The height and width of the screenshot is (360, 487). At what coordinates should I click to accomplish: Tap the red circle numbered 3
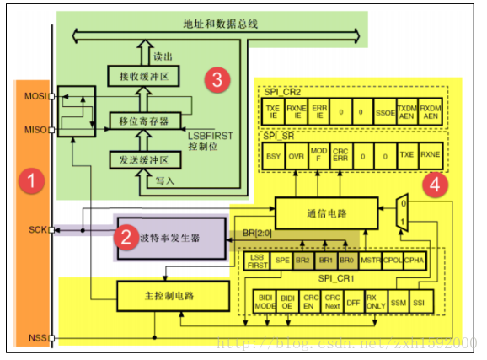(x=217, y=80)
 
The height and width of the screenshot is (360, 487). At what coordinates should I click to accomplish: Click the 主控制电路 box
(x=172, y=295)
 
